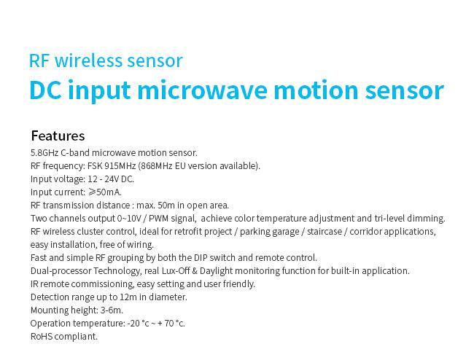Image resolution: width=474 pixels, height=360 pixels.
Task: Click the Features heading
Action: click(58, 136)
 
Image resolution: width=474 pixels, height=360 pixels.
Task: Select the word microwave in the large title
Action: click(202, 90)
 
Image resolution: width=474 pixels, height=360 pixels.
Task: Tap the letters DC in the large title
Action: click(45, 90)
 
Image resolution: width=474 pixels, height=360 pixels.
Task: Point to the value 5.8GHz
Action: click(44, 153)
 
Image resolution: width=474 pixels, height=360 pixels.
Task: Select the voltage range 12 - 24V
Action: click(104, 179)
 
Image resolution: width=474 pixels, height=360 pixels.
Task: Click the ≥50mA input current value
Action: click(105, 192)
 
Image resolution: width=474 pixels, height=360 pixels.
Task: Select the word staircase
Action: click(325, 232)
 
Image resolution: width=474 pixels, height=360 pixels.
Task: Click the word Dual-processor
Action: click(61, 271)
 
